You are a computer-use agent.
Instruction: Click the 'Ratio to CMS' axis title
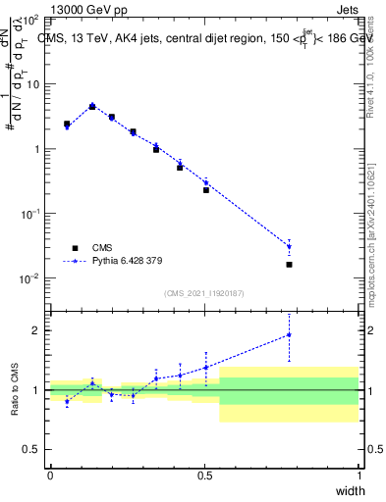click(x=18, y=389)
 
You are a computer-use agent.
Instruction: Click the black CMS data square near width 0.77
click(x=289, y=265)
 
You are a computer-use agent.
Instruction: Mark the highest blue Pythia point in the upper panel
click(x=92, y=106)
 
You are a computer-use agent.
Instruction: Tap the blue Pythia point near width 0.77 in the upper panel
click(x=289, y=246)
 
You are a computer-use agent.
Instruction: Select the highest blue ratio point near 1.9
click(x=289, y=334)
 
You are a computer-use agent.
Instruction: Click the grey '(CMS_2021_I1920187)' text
click(x=204, y=292)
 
